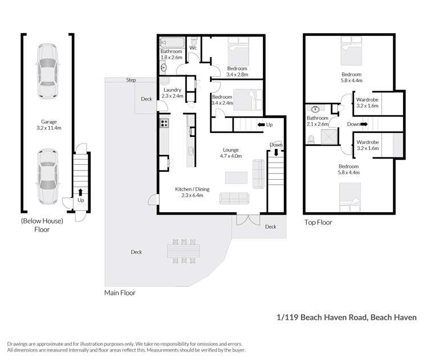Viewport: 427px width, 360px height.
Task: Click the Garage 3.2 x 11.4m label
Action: point(48,124)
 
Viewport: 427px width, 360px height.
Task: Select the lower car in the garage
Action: point(47,176)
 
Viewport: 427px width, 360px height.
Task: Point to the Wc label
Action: point(193,48)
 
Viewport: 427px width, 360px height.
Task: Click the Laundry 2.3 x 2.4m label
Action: point(172,93)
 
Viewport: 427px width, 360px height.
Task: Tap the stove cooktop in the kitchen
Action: point(165,122)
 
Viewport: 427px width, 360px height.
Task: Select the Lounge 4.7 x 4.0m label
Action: point(231,153)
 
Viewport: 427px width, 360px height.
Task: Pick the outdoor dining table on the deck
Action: point(183,250)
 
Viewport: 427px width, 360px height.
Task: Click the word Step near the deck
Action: point(131,80)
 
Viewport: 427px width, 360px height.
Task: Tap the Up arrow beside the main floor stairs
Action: point(263,124)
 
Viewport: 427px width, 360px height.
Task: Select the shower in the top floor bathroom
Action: point(330,137)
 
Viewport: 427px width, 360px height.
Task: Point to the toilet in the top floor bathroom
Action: point(312,138)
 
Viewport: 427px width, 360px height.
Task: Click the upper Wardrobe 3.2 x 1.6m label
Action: point(367,103)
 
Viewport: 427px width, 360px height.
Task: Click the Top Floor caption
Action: point(318,223)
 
